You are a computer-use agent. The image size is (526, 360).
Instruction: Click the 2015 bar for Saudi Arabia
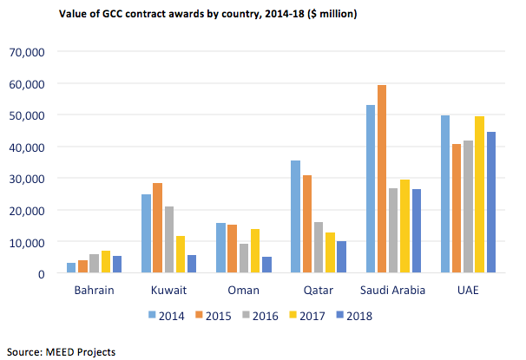[383, 180]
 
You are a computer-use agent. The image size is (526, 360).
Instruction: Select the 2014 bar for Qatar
[296, 217]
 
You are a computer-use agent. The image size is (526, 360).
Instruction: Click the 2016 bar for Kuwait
[169, 240]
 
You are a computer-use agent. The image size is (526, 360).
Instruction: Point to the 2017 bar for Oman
[255, 252]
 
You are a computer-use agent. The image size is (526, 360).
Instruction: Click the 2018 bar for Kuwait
[194, 265]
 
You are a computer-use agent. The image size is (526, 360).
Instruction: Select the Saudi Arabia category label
[394, 291]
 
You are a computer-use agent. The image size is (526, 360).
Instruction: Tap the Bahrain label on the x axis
[95, 291]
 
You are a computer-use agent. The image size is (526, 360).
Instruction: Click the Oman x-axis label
[244, 291]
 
